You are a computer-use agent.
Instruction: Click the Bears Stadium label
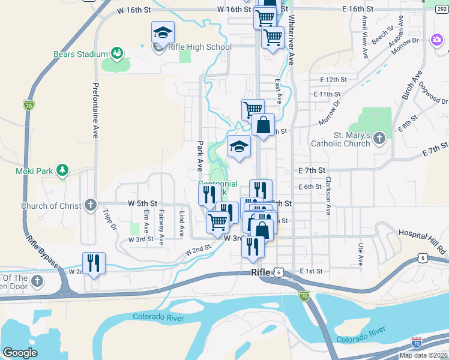point(80,54)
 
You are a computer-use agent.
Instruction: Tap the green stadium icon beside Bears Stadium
point(116,54)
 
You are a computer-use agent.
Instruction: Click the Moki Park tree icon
point(62,171)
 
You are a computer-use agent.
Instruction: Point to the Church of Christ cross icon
point(90,205)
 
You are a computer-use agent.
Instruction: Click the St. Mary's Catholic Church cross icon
point(378,139)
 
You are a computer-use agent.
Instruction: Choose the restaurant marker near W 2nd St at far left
point(94,264)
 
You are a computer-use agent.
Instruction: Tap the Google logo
point(20,353)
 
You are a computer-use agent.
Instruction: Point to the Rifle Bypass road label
point(41,250)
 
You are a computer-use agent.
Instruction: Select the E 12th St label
point(334,80)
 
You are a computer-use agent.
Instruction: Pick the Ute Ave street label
point(360,254)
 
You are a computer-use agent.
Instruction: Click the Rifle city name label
point(261,272)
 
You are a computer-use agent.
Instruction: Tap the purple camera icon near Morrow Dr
point(437,41)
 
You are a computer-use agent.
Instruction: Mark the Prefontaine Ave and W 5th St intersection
point(95,204)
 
